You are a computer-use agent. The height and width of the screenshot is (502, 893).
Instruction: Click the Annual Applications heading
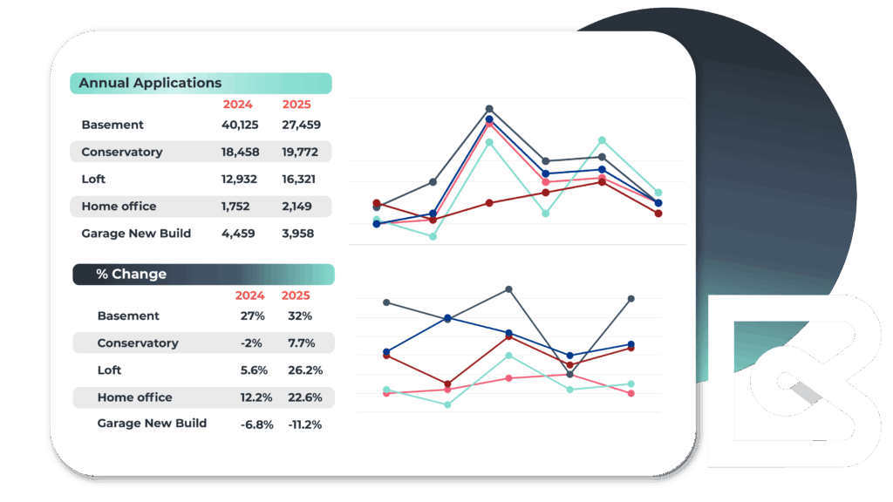tap(150, 84)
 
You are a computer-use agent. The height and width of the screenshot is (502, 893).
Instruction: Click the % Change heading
tap(131, 274)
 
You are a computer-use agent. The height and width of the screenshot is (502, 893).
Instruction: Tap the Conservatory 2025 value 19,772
tap(300, 152)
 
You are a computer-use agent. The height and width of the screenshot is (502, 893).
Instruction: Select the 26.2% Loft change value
tap(305, 370)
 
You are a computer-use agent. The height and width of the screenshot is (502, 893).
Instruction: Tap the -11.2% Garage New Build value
tap(305, 424)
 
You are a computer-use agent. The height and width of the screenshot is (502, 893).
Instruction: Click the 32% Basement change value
tap(300, 315)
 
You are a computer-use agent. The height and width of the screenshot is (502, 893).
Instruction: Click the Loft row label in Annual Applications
tap(93, 179)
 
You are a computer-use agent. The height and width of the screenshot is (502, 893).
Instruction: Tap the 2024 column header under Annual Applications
tap(237, 105)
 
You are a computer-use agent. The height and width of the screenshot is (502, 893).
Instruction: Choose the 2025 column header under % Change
tap(296, 295)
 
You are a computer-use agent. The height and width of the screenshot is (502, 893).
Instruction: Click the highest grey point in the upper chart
tap(489, 109)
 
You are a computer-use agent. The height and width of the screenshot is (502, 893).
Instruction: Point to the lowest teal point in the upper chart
tap(433, 236)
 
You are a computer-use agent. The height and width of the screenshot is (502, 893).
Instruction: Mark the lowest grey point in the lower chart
tap(569, 375)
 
